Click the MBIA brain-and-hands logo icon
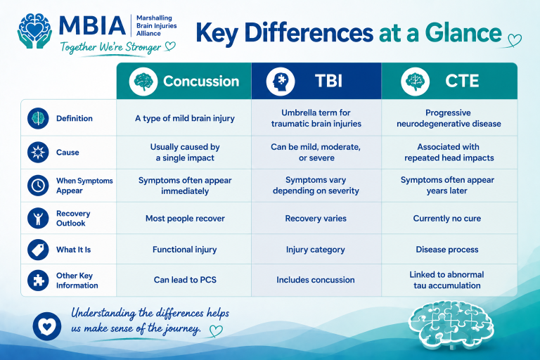pos(34,31)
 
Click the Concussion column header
pos(184,82)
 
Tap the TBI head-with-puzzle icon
pos(281,82)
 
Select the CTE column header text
pos(462,82)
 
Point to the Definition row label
pos(75,118)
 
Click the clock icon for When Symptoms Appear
pos(38,186)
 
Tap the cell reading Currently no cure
pos(447,219)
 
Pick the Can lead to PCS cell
pos(185,280)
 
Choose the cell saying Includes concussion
pos(316,280)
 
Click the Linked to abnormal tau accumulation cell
pos(447,280)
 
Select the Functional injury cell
pos(185,250)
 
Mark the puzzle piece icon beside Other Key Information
pos(38,280)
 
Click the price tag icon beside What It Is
pos(38,250)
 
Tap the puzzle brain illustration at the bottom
pos(451,325)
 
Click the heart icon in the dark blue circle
pos(47,326)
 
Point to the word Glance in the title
pos(463,32)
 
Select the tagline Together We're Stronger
pos(111,47)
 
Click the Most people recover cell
pos(185,219)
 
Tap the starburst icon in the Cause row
pos(38,152)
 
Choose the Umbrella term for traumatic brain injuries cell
pos(316,118)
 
